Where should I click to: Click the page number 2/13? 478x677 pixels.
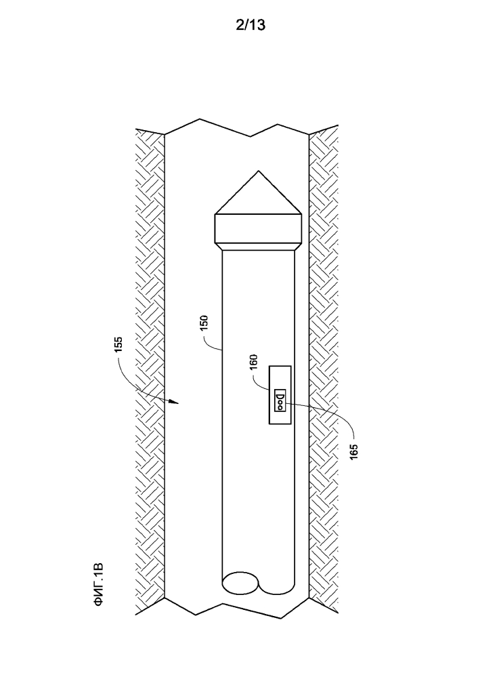(251, 25)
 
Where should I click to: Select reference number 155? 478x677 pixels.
(118, 344)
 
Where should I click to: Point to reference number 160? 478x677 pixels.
(253, 363)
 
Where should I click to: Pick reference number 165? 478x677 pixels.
(353, 451)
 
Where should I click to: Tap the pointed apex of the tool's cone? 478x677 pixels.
(259, 171)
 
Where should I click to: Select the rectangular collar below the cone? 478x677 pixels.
(259, 229)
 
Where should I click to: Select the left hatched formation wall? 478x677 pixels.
(150, 371)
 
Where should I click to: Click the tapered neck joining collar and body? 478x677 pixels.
(259, 247)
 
